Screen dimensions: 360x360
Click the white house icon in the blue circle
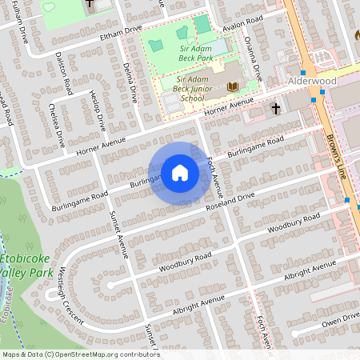tap(180, 172)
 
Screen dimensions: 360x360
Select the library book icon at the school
tap(232, 86)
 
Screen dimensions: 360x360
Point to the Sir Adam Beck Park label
tap(186, 53)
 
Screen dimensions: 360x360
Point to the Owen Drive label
tap(339, 321)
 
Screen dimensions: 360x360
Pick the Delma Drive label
tap(128, 76)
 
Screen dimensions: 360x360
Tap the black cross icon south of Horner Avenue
tap(276, 108)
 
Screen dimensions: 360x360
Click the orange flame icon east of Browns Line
tap(358, 36)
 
